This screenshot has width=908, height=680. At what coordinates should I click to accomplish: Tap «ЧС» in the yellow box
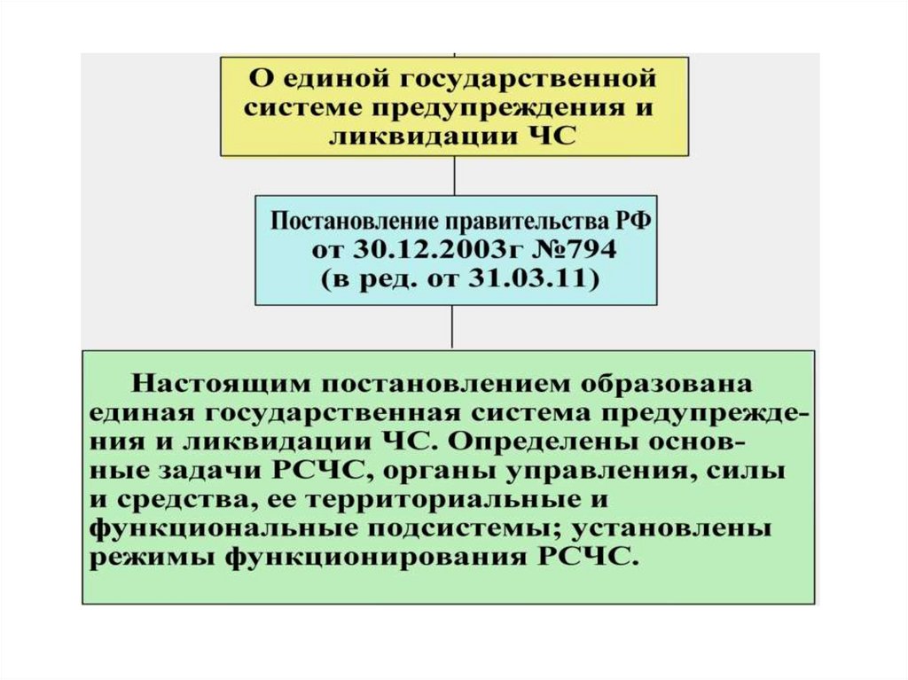pos(553,135)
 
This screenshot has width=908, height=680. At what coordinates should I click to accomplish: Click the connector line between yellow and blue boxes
pos(454,175)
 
